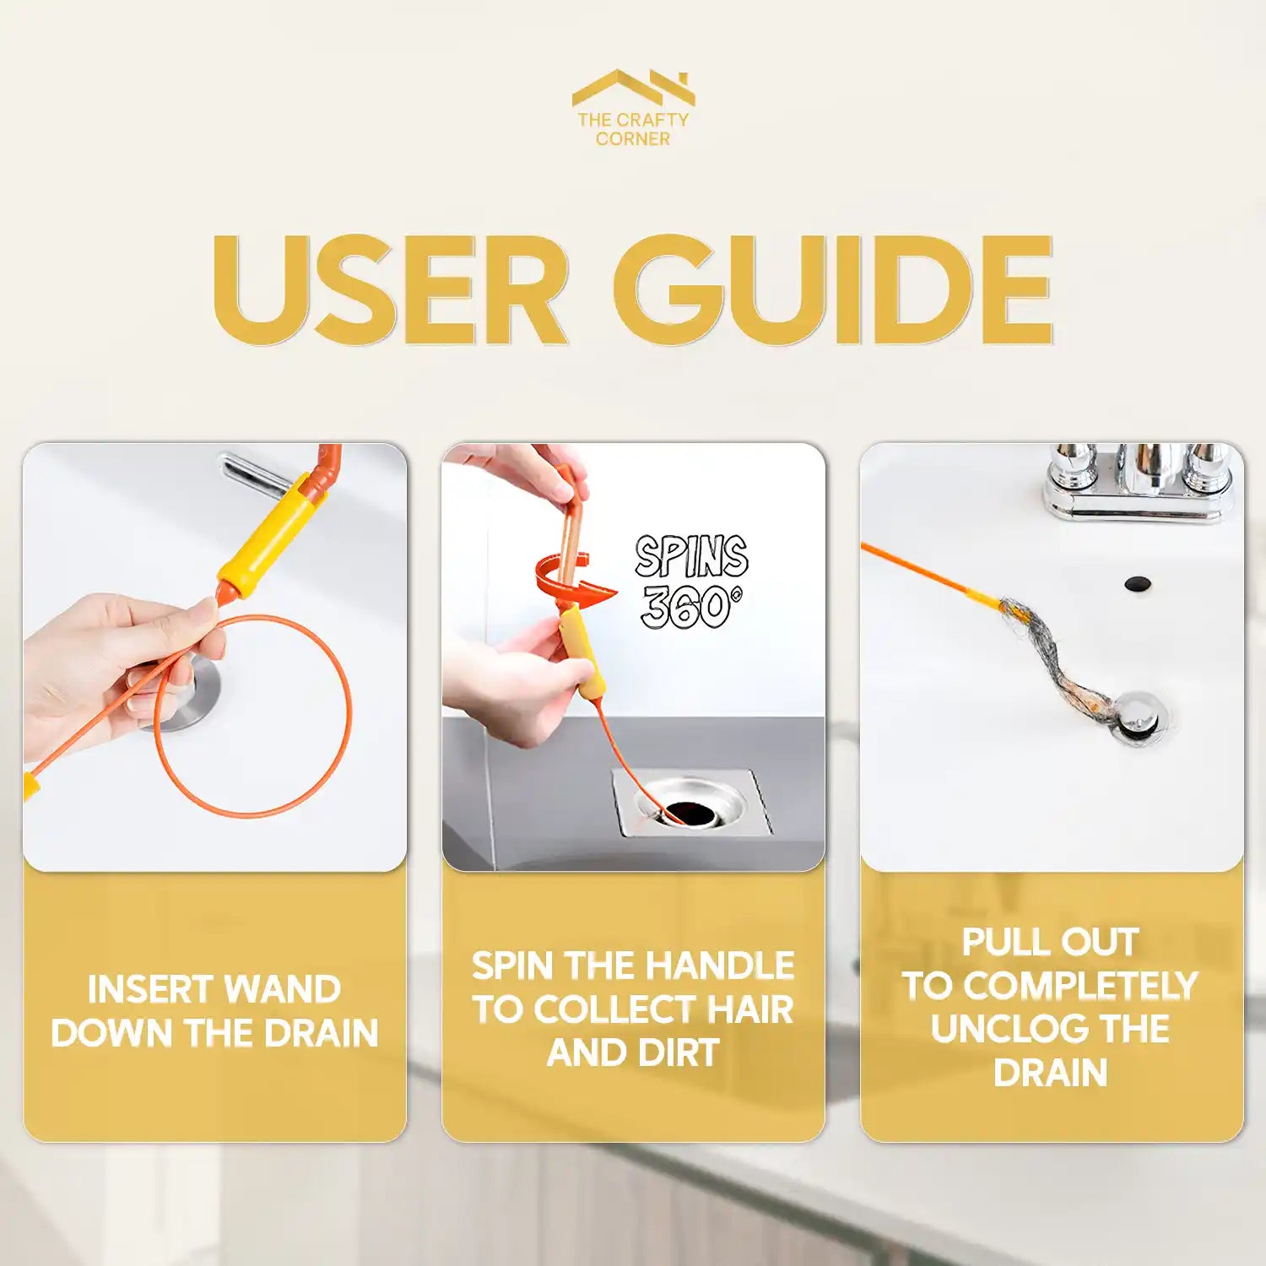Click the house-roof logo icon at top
coord(633,87)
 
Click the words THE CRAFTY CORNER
coord(633,129)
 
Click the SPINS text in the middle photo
coord(691,557)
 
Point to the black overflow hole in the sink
coord(1137,583)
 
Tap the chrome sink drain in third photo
coord(1139,717)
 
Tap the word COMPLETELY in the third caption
coord(1080,986)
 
